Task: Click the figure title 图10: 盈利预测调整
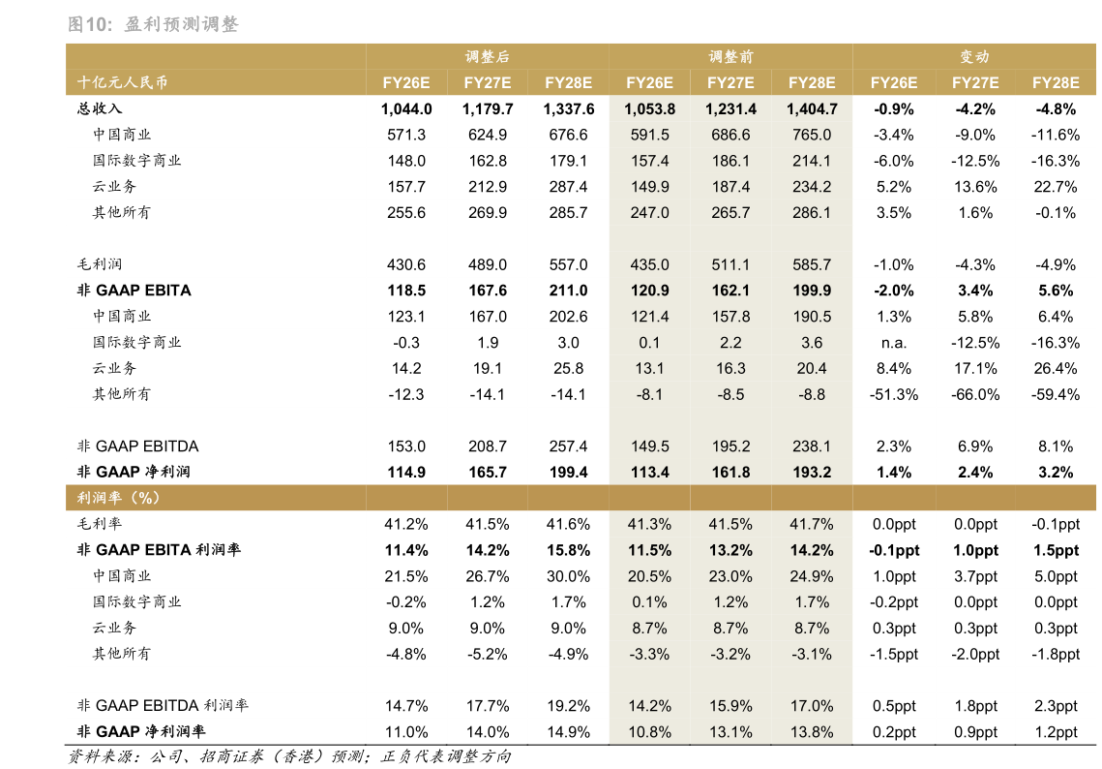pyautogui.click(x=153, y=25)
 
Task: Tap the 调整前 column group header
pyautogui.click(x=730, y=57)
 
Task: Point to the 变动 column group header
pyautogui.click(x=974, y=57)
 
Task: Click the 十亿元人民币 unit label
pyautogui.click(x=122, y=83)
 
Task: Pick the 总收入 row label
pyautogui.click(x=101, y=109)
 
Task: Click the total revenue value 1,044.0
pyautogui.click(x=406, y=109)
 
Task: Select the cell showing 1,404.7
pyautogui.click(x=812, y=109)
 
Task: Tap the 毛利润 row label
pyautogui.click(x=101, y=264)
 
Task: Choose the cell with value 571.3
pyautogui.click(x=406, y=136)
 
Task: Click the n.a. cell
pyautogui.click(x=893, y=343)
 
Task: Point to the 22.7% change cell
pyautogui.click(x=1056, y=187)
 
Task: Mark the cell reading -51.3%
pyautogui.click(x=893, y=394)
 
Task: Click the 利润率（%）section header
pyautogui.click(x=118, y=498)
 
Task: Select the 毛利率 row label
pyautogui.click(x=101, y=524)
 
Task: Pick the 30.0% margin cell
pyautogui.click(x=568, y=576)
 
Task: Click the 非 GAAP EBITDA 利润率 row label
pyautogui.click(x=163, y=706)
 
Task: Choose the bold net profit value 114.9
pyautogui.click(x=406, y=473)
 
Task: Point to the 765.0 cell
pyautogui.click(x=812, y=136)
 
